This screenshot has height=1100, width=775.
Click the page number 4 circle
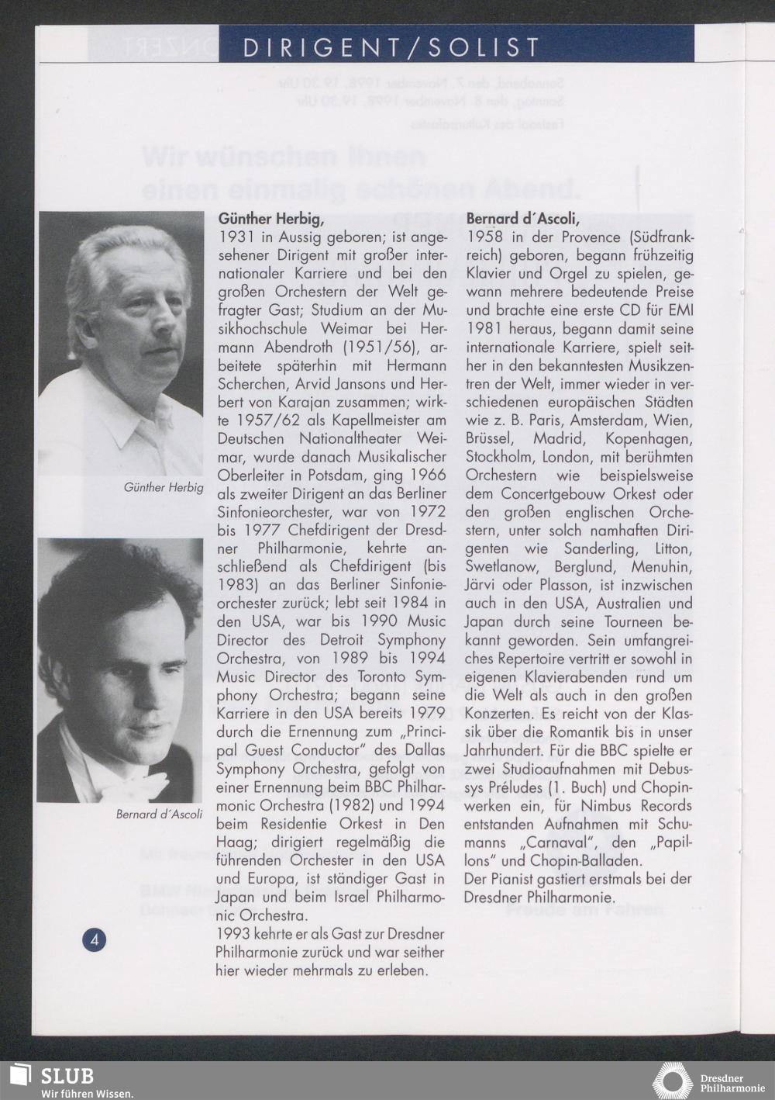pos(95,940)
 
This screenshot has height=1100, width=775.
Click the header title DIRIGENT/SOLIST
pos(391,47)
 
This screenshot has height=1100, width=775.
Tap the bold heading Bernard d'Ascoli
pos(523,220)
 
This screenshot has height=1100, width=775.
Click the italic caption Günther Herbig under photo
pos(164,487)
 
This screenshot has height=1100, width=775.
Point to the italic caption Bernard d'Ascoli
pos(159,814)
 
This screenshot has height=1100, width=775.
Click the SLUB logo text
pos(67,1077)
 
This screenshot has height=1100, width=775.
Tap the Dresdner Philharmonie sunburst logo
pos(672,1081)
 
